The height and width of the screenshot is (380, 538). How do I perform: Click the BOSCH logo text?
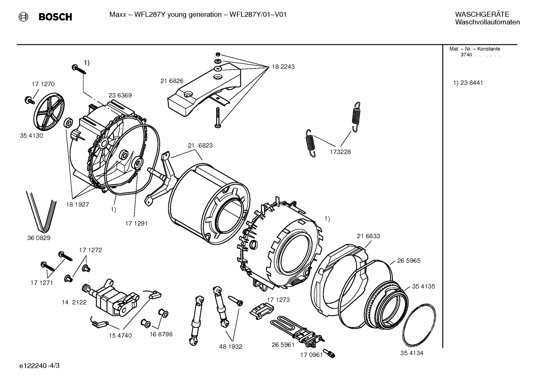click(x=55, y=17)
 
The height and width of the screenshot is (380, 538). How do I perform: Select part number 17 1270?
click(x=43, y=84)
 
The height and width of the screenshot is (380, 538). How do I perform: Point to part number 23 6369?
click(x=120, y=95)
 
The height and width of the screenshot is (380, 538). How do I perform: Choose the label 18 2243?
click(x=283, y=67)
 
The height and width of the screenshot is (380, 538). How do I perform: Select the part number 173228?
click(x=340, y=152)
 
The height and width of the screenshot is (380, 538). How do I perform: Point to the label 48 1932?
click(x=231, y=346)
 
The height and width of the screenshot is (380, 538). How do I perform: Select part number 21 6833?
click(x=368, y=236)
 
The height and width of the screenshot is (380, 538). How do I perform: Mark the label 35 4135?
click(x=423, y=286)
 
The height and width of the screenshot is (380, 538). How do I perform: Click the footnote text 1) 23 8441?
click(x=468, y=83)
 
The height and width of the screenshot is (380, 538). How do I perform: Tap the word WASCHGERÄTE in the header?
click(x=482, y=14)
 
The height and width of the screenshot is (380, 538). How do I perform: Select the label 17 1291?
click(x=136, y=223)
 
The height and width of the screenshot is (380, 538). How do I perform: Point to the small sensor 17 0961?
click(x=330, y=353)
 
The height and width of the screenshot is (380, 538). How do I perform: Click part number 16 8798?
click(x=161, y=334)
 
